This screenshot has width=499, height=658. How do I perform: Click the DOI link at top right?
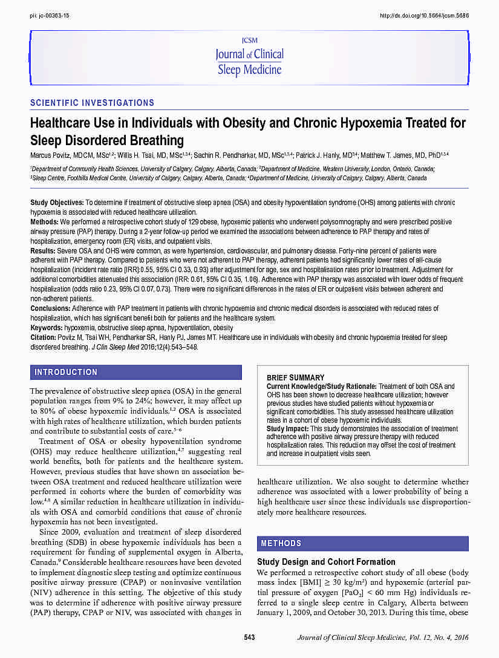coord(424,15)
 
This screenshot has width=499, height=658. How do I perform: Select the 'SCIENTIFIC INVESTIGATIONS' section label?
coord(92,103)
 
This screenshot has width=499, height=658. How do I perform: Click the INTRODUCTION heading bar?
coord(136,372)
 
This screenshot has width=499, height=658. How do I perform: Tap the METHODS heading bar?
coord(362,543)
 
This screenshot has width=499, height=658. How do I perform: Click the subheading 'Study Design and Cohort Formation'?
coord(326,562)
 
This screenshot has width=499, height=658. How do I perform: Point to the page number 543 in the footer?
coord(249,637)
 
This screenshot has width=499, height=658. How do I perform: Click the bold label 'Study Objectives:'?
coord(57,203)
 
